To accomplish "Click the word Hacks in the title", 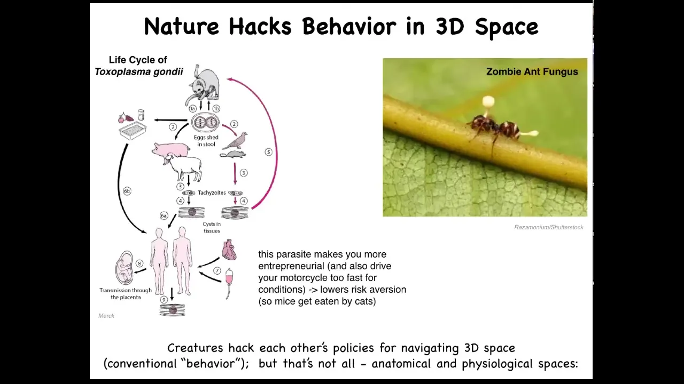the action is [x=260, y=27].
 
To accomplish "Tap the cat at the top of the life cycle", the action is [x=204, y=84].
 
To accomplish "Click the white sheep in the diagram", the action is [x=183, y=167].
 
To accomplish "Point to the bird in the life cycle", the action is [x=235, y=140].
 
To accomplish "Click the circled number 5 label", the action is [x=268, y=152].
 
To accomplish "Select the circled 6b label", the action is [x=127, y=191].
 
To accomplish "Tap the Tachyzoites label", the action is [x=212, y=193].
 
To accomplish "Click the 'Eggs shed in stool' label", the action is [x=206, y=141].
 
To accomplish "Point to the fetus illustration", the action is [x=125, y=268].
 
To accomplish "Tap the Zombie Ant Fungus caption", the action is [x=532, y=71].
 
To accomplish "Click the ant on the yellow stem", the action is [x=492, y=128].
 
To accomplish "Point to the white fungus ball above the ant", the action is [x=488, y=101].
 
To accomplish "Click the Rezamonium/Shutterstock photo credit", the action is [x=549, y=227].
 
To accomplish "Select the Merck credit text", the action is [x=106, y=316].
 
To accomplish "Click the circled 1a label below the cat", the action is [x=192, y=108].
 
